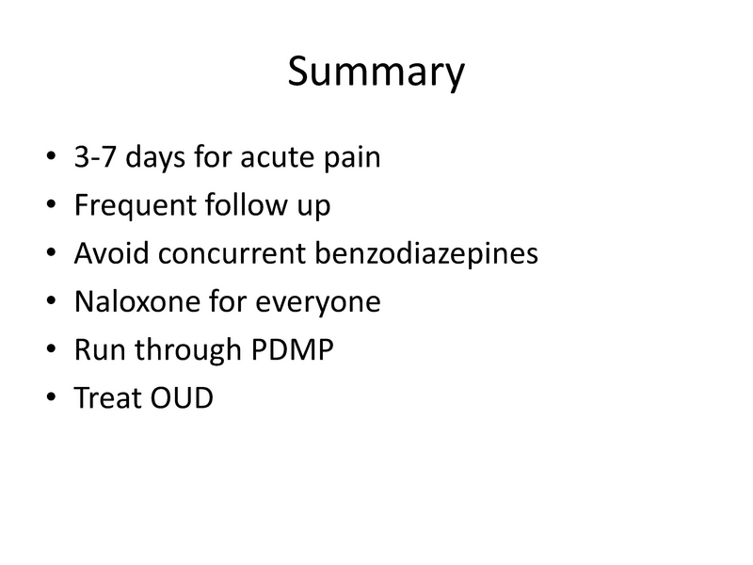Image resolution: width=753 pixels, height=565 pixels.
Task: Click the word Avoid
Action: point(104,254)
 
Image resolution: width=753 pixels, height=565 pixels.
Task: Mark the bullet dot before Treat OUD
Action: point(49,399)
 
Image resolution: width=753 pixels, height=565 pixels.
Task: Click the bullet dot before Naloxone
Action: point(49,303)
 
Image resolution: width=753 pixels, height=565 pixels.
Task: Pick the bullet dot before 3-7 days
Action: point(49,158)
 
